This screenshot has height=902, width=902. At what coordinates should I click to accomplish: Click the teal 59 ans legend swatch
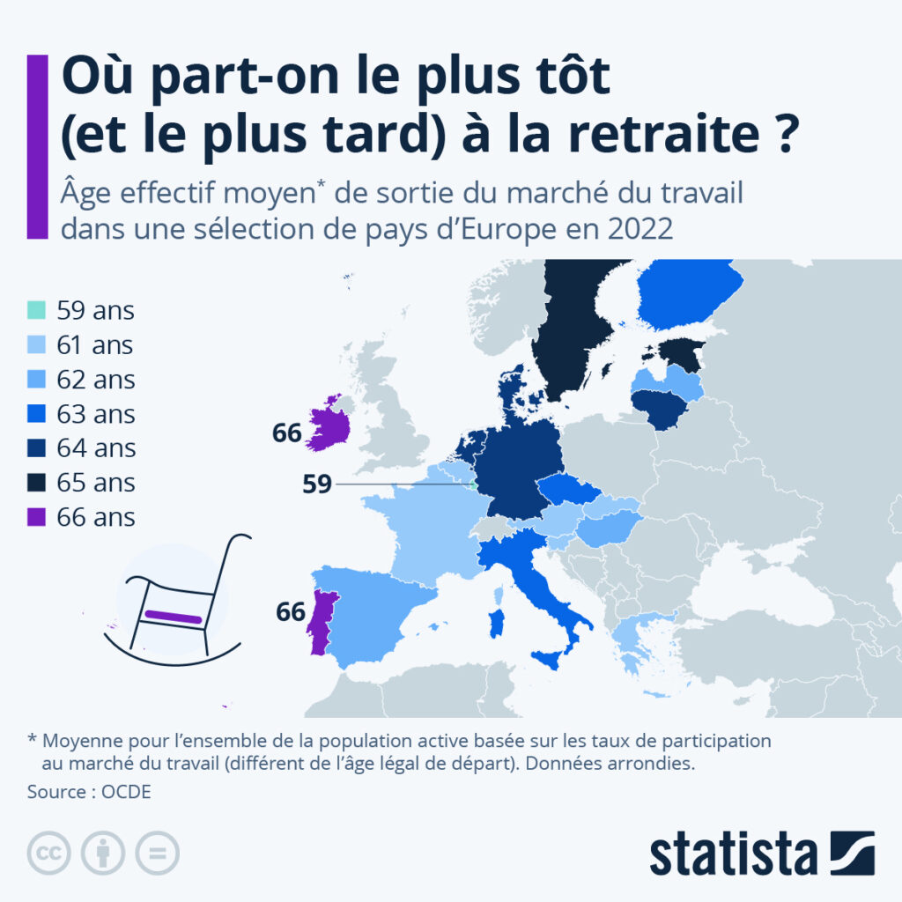36,311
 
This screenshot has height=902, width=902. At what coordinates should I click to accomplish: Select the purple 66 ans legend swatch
36,516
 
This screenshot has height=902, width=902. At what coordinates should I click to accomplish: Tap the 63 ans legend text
96,414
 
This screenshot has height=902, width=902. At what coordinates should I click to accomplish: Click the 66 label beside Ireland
287,433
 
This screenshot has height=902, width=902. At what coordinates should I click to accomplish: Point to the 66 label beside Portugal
290,611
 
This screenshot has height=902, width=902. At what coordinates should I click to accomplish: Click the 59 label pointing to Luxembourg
316,484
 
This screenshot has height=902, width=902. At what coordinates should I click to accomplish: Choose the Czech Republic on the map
567,490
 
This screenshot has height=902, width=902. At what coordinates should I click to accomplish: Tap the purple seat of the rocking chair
174,616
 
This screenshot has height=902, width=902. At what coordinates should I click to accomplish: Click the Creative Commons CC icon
49,853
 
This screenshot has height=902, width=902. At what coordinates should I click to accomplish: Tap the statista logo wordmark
734,854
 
